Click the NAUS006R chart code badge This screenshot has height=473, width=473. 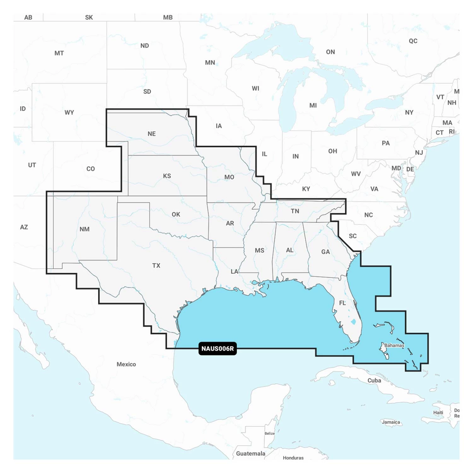tap(218, 349)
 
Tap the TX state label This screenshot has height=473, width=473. tap(156, 266)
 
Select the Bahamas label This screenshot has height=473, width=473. tap(394, 345)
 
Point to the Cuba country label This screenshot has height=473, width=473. tap(374, 381)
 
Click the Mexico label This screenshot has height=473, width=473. tap(126, 364)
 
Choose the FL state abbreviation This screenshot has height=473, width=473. tap(342, 303)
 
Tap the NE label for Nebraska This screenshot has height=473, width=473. tap(152, 134)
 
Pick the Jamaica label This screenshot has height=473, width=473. tap(391, 422)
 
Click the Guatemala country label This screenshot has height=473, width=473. tap(251, 453)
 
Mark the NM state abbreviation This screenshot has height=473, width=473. tap(85, 229)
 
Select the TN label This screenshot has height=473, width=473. tap(295, 211)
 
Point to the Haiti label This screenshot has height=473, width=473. tap(438, 412)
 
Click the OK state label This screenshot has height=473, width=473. tap(176, 214)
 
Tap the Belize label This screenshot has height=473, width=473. tap(270, 433)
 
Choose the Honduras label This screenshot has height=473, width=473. tap(293, 458)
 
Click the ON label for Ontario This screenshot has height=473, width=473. tap(330, 52)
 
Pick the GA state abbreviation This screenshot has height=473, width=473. tap(325, 252)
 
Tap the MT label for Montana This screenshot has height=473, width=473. tap(59, 53)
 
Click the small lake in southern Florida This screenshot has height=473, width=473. tap(353, 322)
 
